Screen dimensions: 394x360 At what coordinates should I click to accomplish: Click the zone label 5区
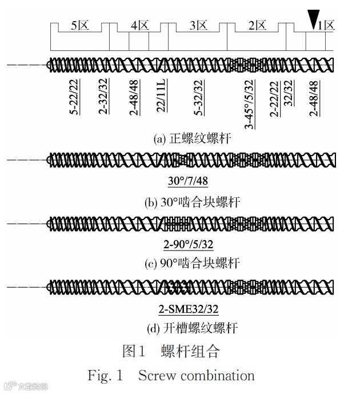coord(79,25)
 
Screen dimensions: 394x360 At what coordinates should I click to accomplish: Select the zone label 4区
coord(139,25)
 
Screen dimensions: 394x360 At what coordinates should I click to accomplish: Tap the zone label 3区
coord(198,25)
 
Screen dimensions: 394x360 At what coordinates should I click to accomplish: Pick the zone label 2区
coord(257,25)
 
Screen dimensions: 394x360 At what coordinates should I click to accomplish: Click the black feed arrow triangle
coord(313,19)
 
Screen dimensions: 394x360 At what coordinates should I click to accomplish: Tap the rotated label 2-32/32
coord(103,95)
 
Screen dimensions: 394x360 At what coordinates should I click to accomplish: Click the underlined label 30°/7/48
coord(189,182)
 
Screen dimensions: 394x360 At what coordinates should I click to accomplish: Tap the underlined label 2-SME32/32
coord(189,310)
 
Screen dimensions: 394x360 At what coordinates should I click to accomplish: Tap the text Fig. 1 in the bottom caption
coord(105,376)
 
